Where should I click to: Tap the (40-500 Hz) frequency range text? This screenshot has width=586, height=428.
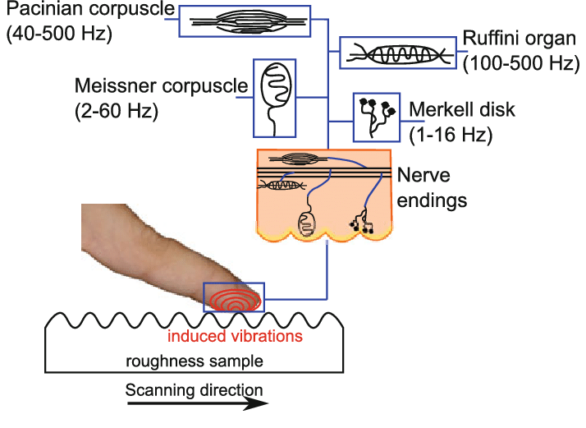pyautogui.click(x=57, y=37)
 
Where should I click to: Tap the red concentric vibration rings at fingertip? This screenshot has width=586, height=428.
pyautogui.click(x=234, y=298)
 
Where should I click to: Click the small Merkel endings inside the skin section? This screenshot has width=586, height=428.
pyautogui.click(x=361, y=223)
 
